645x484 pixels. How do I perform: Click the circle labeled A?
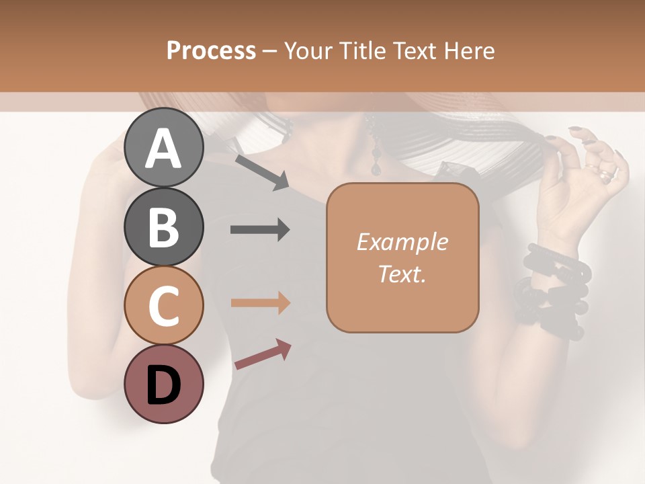pyautogui.click(x=164, y=147)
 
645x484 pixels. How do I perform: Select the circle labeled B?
pyautogui.click(x=164, y=227)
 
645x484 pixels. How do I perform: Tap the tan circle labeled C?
pyautogui.click(x=164, y=305)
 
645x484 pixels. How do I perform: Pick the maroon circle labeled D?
pyautogui.click(x=164, y=384)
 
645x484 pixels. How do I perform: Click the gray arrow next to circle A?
pyautogui.click(x=261, y=171)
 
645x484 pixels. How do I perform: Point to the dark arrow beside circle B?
pyautogui.click(x=260, y=230)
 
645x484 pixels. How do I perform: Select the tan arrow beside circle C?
pyautogui.click(x=260, y=303)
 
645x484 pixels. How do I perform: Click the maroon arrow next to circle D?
pyautogui.click(x=263, y=354)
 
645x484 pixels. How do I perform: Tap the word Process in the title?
pyautogui.click(x=211, y=51)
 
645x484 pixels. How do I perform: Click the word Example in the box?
pyautogui.click(x=402, y=242)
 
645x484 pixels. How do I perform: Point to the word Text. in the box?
pyautogui.click(x=402, y=274)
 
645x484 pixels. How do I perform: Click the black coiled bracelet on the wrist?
pyautogui.click(x=554, y=289)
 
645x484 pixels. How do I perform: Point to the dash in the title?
pyautogui.click(x=270, y=51)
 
